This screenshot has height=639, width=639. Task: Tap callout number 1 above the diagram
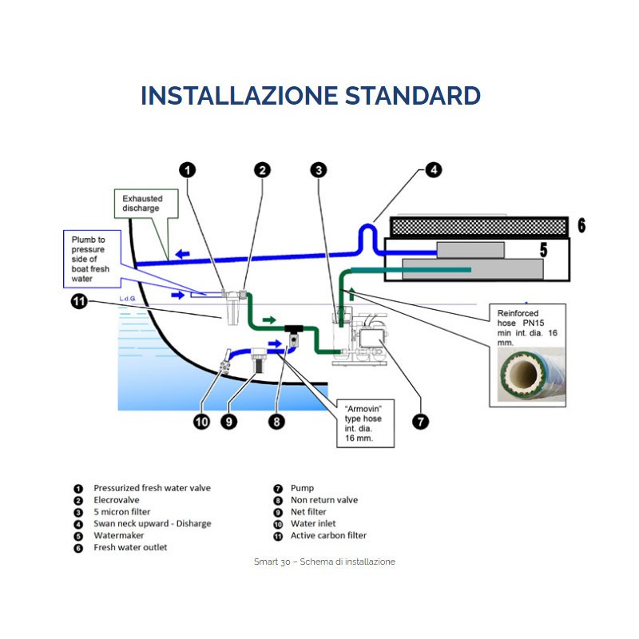click(x=186, y=169)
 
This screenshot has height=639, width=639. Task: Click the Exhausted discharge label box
click(x=141, y=203)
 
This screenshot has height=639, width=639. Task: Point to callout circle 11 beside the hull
click(x=78, y=302)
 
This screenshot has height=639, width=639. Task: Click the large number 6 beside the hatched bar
click(x=581, y=226)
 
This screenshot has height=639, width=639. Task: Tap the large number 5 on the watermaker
click(x=543, y=251)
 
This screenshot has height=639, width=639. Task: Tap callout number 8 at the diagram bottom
click(x=276, y=421)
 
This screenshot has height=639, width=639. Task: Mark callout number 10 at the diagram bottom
click(x=200, y=421)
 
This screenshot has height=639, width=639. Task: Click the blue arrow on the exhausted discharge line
click(x=183, y=256)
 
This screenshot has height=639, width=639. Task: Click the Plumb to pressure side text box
click(x=89, y=259)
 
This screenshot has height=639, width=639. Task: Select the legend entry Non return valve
click(x=324, y=500)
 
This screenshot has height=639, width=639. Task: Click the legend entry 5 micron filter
click(x=121, y=512)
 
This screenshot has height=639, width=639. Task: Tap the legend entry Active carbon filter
click(x=328, y=535)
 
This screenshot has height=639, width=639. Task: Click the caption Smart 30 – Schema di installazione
click(x=324, y=562)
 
